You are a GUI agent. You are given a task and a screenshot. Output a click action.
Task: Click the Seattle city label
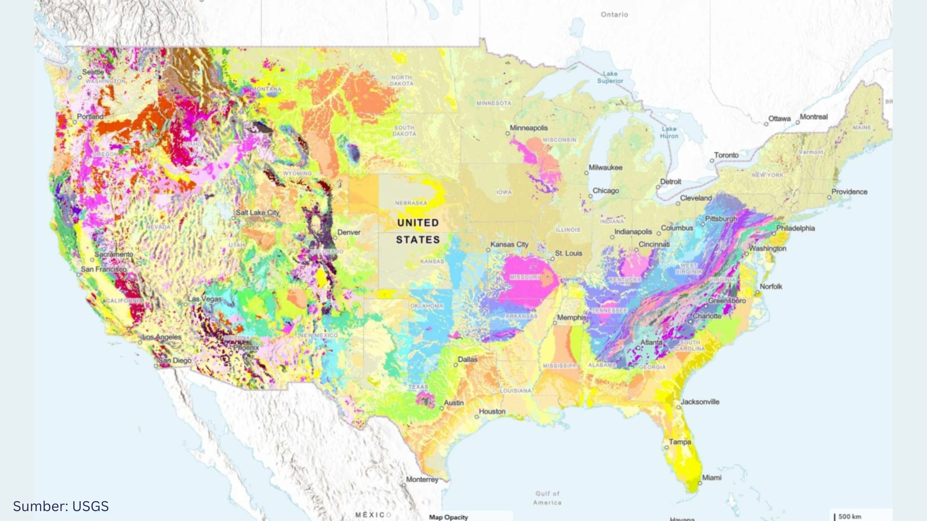(x=93, y=72)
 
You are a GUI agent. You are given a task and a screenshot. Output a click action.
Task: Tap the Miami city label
(x=711, y=478)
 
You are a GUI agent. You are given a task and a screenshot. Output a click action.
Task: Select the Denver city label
(x=348, y=232)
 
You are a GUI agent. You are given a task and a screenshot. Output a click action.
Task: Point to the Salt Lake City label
(x=257, y=213)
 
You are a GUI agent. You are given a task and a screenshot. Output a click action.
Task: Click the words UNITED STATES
(x=418, y=231)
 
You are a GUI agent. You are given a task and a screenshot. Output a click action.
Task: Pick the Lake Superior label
(x=610, y=77)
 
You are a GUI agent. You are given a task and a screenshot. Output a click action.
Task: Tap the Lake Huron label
(x=669, y=132)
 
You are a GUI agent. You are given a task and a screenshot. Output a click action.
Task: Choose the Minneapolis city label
(x=528, y=128)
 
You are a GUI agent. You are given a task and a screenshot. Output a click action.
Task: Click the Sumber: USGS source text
(x=61, y=506)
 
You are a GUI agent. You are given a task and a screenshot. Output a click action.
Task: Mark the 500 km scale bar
(x=848, y=516)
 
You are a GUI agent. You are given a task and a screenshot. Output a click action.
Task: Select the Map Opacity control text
(x=448, y=517)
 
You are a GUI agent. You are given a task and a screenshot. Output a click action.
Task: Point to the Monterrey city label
(x=422, y=480)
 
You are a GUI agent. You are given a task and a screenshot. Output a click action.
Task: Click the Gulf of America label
(x=547, y=498)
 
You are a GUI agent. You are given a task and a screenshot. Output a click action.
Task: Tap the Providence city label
(x=849, y=192)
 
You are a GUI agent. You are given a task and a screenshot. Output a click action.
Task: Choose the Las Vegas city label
(x=204, y=299)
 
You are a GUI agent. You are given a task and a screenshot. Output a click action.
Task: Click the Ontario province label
(x=614, y=14)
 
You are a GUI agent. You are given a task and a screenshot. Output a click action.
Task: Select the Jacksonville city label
(x=700, y=402)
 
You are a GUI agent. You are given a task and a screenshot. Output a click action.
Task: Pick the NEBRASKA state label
(x=411, y=203)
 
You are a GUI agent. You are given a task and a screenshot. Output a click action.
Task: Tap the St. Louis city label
(x=568, y=253)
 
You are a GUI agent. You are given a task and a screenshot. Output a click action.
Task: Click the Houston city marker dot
(x=477, y=417)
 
